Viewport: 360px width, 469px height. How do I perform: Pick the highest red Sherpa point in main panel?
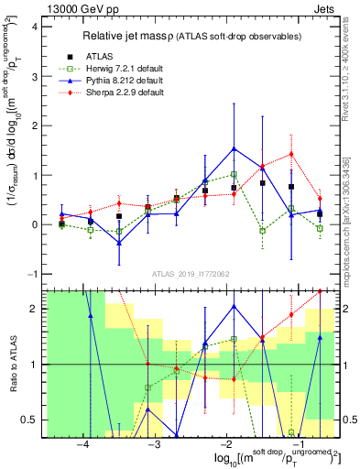[291, 154]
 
